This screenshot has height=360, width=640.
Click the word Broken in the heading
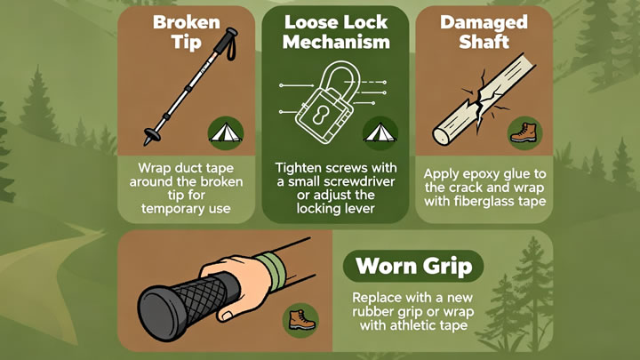(x=187, y=22)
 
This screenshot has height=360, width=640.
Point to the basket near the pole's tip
(x=151, y=133)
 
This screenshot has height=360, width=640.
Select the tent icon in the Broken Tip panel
(x=226, y=133)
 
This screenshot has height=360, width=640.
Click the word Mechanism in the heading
(x=336, y=42)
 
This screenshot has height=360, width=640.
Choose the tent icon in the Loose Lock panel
(x=380, y=133)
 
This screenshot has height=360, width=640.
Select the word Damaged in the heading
(x=484, y=22)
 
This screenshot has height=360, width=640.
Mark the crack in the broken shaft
(x=484, y=100)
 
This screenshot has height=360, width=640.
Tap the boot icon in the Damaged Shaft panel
(x=525, y=133)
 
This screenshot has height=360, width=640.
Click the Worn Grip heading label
(x=413, y=266)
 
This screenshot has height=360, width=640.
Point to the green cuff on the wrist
(x=271, y=270)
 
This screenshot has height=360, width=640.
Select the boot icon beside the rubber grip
(x=300, y=320)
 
